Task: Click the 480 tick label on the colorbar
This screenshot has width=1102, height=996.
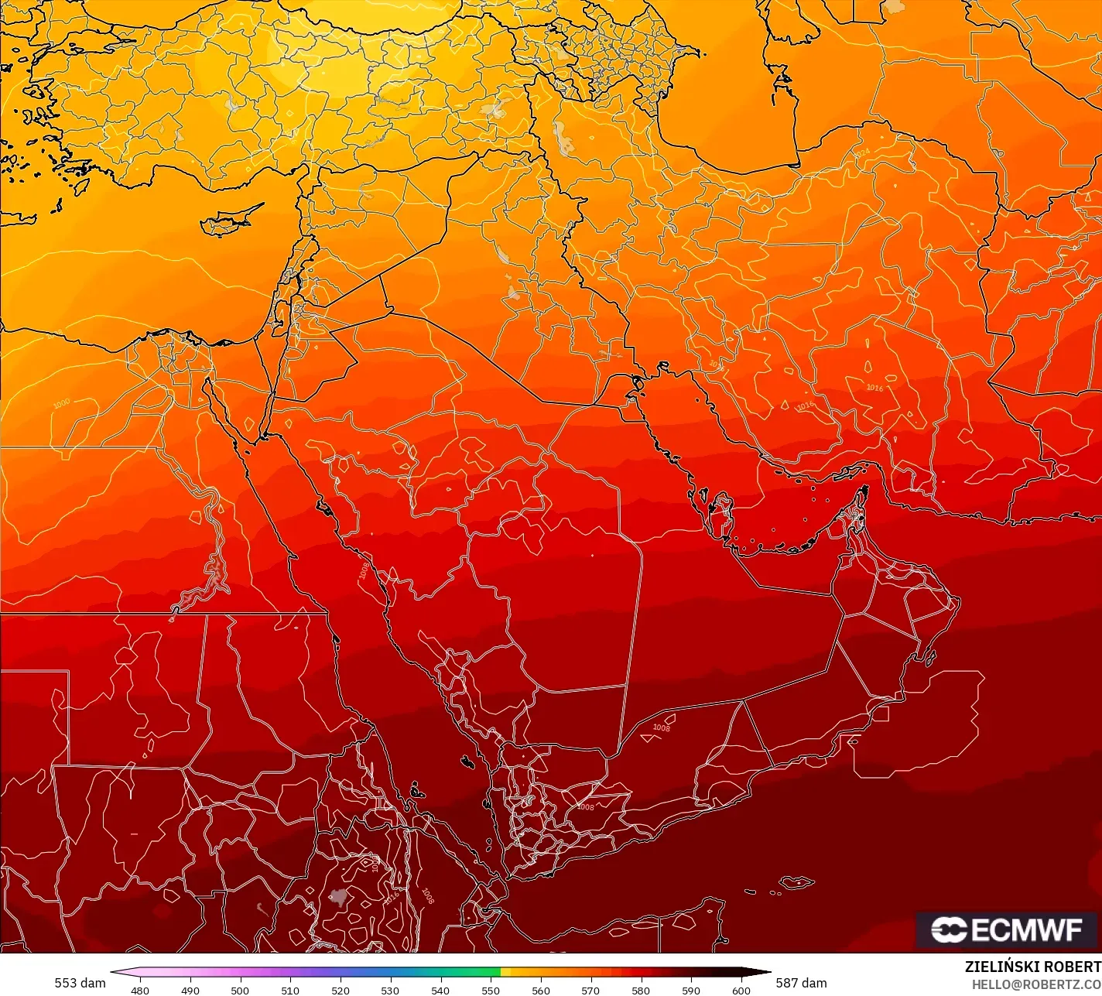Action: click(x=140, y=990)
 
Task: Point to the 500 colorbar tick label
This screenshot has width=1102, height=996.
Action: click(x=240, y=990)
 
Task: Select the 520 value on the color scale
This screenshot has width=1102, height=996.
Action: click(x=341, y=990)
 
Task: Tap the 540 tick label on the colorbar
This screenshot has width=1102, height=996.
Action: click(x=440, y=990)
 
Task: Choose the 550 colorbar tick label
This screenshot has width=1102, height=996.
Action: click(x=491, y=990)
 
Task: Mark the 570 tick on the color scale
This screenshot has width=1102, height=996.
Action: click(x=590, y=990)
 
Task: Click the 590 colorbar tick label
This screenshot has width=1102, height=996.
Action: click(x=691, y=990)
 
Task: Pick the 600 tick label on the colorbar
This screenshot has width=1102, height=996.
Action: click(x=741, y=990)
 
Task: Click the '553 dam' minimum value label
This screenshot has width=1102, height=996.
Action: click(x=80, y=983)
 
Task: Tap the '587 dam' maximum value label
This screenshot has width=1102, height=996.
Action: click(x=802, y=983)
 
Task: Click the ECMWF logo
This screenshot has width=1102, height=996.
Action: click(x=1007, y=929)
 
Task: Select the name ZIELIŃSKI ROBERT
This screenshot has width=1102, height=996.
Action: click(x=1032, y=967)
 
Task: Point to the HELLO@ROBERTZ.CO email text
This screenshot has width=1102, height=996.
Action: click(x=1036, y=984)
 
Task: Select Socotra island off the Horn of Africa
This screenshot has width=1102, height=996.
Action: click(x=796, y=882)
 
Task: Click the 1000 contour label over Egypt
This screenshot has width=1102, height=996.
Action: click(x=61, y=403)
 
